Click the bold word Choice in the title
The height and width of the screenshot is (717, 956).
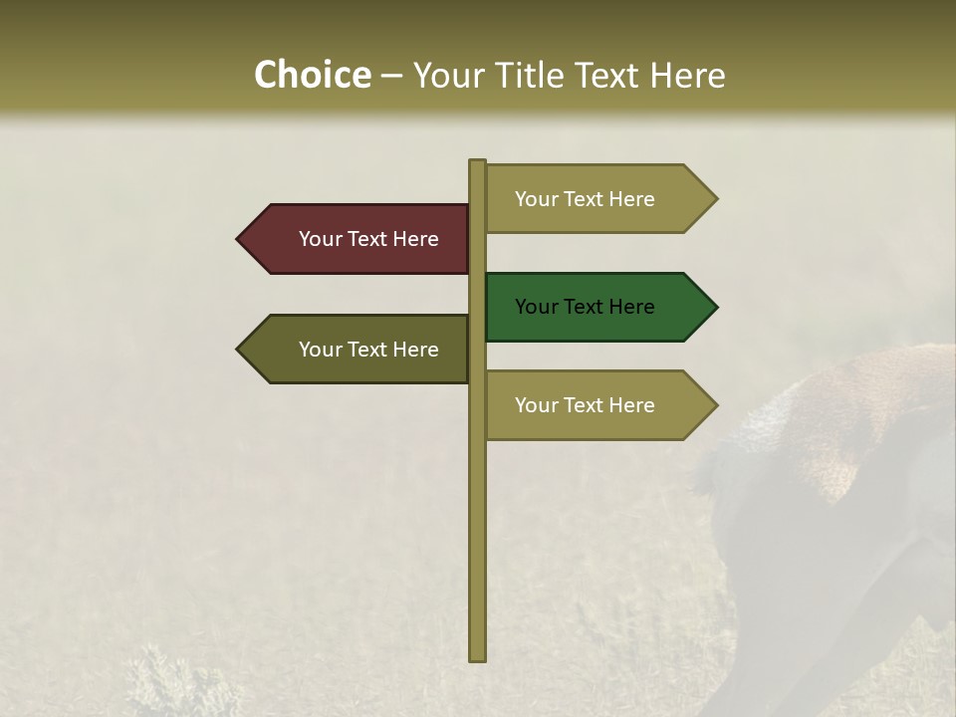312,75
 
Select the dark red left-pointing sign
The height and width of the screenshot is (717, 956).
358,239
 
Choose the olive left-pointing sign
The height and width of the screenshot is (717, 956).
358,350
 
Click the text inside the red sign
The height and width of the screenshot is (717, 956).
368,239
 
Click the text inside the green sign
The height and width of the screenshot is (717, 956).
585,307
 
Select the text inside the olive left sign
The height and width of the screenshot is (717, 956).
368,350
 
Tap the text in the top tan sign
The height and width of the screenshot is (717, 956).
585,199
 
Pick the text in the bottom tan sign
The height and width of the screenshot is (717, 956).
585,405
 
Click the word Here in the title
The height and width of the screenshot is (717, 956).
688,76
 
